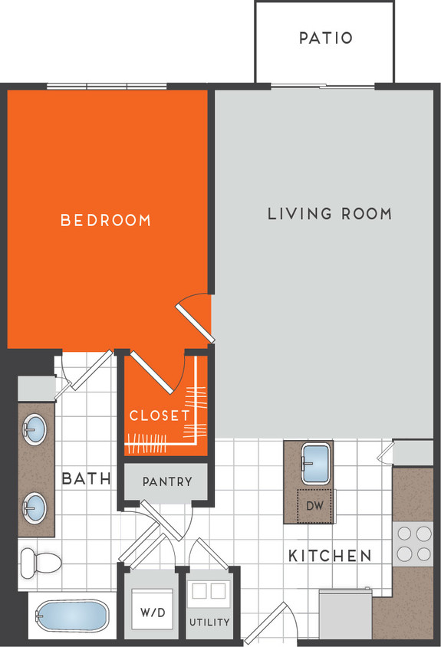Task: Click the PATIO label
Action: [325, 38]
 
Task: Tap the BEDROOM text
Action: [106, 221]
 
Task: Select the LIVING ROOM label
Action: [330, 214]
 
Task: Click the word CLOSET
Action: [159, 415]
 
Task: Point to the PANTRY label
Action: [166, 482]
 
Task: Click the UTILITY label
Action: [209, 622]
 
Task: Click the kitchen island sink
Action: [316, 464]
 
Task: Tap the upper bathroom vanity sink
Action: [35, 429]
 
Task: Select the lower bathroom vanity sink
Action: [35, 506]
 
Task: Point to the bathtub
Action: [71, 616]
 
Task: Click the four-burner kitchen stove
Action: [413, 543]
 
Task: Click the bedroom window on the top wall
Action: [107, 86]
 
